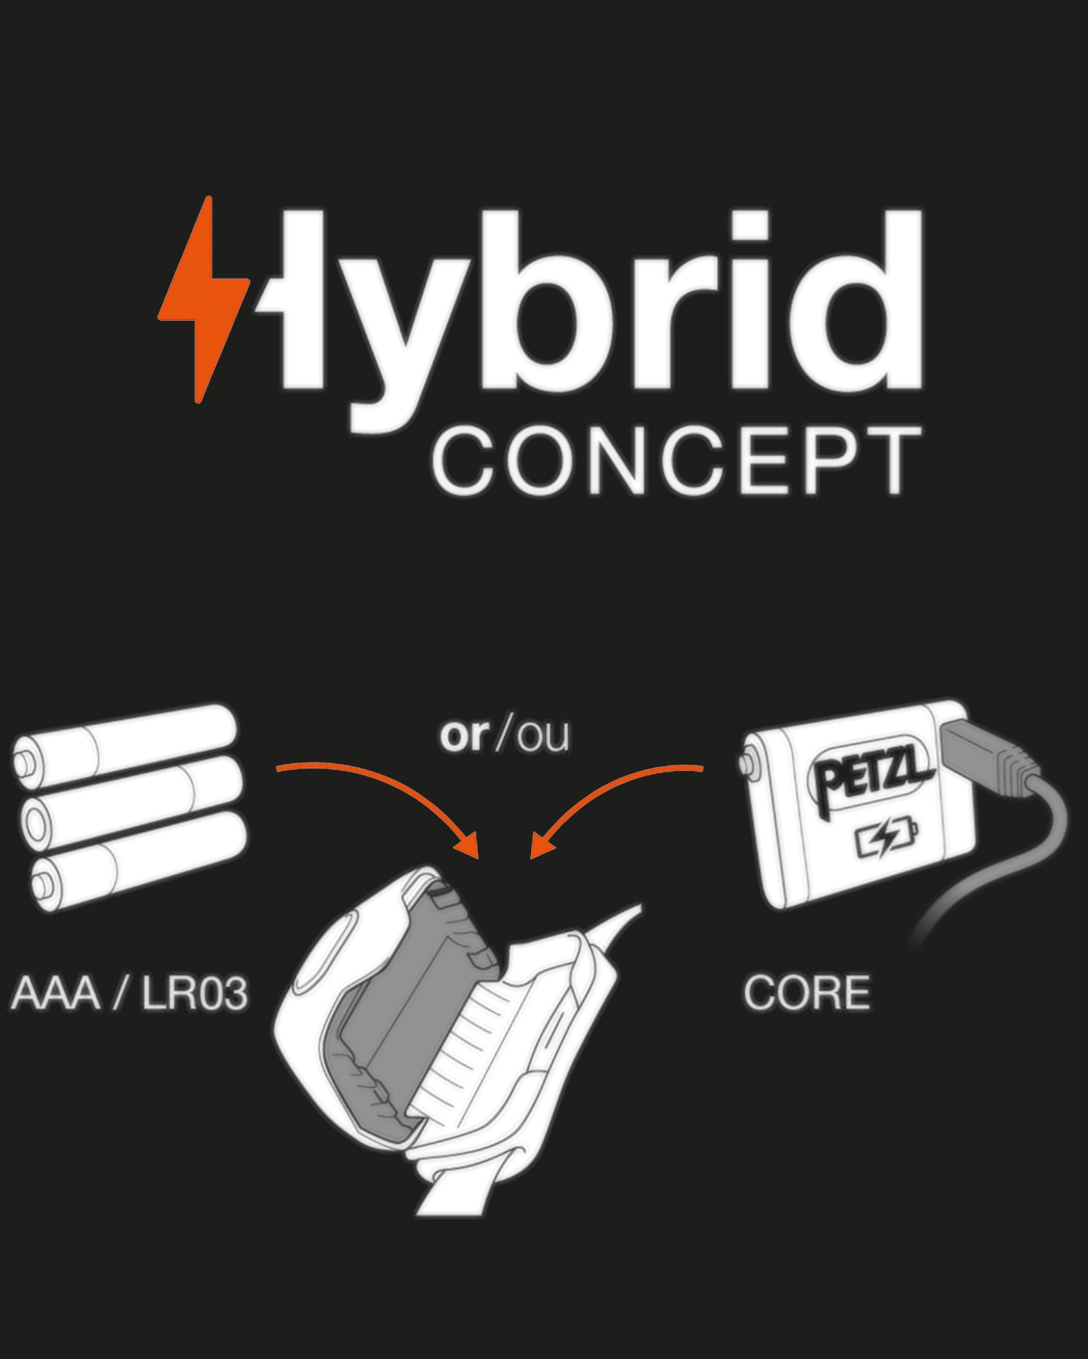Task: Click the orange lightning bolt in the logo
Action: [202, 302]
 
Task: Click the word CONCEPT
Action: [677, 461]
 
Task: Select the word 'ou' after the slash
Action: [543, 736]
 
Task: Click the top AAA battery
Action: [125, 739]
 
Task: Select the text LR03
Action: [195, 993]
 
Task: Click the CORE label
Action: [806, 993]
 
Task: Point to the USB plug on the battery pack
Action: [982, 755]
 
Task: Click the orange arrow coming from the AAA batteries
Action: [378, 785]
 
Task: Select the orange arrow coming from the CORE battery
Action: [612, 789]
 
